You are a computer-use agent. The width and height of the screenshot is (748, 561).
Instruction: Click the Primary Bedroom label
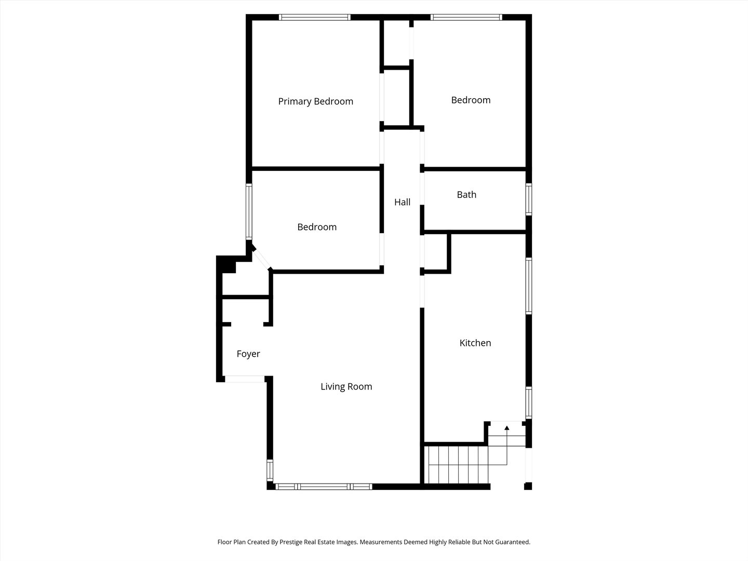click(x=315, y=101)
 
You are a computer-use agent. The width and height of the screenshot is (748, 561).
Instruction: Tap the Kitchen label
click(x=475, y=343)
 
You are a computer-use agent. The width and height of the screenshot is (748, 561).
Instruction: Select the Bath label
click(x=466, y=195)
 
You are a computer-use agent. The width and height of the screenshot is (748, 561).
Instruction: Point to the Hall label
click(x=402, y=202)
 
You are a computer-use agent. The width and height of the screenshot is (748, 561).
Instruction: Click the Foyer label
click(x=248, y=354)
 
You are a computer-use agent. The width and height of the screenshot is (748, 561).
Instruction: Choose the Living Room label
click(x=346, y=386)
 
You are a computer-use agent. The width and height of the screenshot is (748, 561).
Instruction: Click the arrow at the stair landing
click(x=507, y=428)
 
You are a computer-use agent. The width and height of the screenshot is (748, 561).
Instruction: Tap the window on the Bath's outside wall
click(x=528, y=199)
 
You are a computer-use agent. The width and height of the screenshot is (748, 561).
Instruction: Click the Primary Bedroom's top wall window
click(x=315, y=17)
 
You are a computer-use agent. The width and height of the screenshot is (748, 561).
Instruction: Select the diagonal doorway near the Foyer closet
click(x=261, y=259)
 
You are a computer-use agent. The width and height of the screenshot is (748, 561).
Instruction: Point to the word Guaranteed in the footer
click(x=512, y=542)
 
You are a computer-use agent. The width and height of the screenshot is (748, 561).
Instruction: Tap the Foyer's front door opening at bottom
click(x=245, y=379)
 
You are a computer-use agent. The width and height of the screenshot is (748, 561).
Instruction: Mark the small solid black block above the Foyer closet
click(x=226, y=264)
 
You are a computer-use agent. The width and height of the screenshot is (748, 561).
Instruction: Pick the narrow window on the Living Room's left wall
click(x=270, y=470)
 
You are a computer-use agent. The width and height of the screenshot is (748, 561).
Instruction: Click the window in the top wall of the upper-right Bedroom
click(x=466, y=17)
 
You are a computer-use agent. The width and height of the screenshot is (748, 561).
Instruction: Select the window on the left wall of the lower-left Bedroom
click(x=249, y=211)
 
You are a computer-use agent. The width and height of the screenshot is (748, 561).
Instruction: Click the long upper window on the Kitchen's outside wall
click(x=528, y=286)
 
